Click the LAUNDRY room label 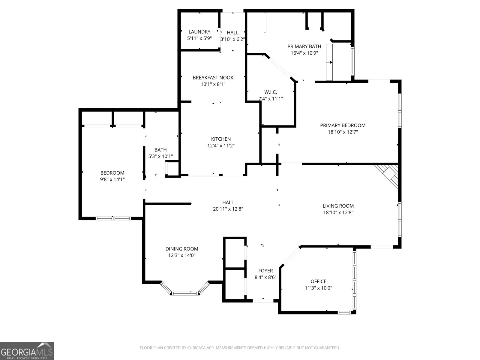(x=199, y=32)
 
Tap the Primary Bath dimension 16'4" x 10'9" (x=304, y=53)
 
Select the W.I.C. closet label (x=271, y=92)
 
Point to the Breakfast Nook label (x=213, y=78)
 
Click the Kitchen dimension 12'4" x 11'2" (x=221, y=146)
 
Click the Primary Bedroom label (x=343, y=125)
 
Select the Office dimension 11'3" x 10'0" (x=318, y=288)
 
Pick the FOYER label (x=265, y=271)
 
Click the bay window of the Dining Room (x=185, y=293)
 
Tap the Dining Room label (x=182, y=249)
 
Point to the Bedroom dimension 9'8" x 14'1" (x=112, y=179)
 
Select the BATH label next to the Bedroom (x=160, y=150)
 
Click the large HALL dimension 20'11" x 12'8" (x=228, y=209)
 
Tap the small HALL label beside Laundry (x=232, y=33)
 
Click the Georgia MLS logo (x=27, y=351)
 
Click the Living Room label (x=338, y=206)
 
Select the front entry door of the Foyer (x=263, y=300)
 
